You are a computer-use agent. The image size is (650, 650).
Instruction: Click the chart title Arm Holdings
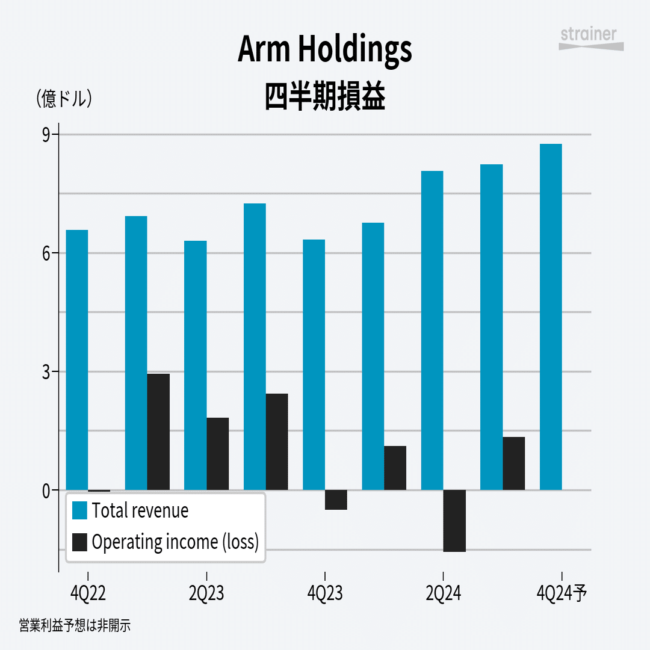[x=325, y=49]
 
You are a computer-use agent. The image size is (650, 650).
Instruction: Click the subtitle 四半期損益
[x=325, y=96]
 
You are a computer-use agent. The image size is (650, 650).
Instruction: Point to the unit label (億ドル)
[x=64, y=98]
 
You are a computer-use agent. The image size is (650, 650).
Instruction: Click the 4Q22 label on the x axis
[x=88, y=594]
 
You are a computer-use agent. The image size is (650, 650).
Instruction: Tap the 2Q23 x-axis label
[x=206, y=594]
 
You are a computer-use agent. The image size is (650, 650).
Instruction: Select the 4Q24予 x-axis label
[x=561, y=594]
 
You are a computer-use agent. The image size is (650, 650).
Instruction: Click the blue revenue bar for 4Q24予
[x=551, y=317]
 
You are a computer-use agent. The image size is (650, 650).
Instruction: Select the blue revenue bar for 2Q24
[x=432, y=330]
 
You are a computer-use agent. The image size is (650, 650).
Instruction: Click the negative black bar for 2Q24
[x=454, y=521]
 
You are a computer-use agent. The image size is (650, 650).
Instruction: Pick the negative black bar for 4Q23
[x=336, y=500]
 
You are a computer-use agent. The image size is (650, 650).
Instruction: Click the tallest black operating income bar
[x=158, y=432]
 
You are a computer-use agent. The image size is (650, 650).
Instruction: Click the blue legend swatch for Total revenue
[x=79, y=510]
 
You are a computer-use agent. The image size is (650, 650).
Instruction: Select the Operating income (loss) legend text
[x=175, y=542]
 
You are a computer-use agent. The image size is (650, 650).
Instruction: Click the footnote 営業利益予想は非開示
[x=75, y=626]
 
